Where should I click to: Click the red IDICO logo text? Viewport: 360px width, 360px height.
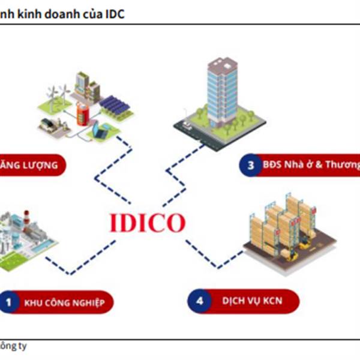[147, 223]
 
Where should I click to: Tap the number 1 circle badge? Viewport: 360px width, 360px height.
[8, 302]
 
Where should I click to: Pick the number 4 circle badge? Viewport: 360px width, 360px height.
[199, 300]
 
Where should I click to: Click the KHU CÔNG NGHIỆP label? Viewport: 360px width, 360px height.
[65, 303]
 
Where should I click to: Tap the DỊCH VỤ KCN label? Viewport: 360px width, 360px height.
[252, 300]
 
